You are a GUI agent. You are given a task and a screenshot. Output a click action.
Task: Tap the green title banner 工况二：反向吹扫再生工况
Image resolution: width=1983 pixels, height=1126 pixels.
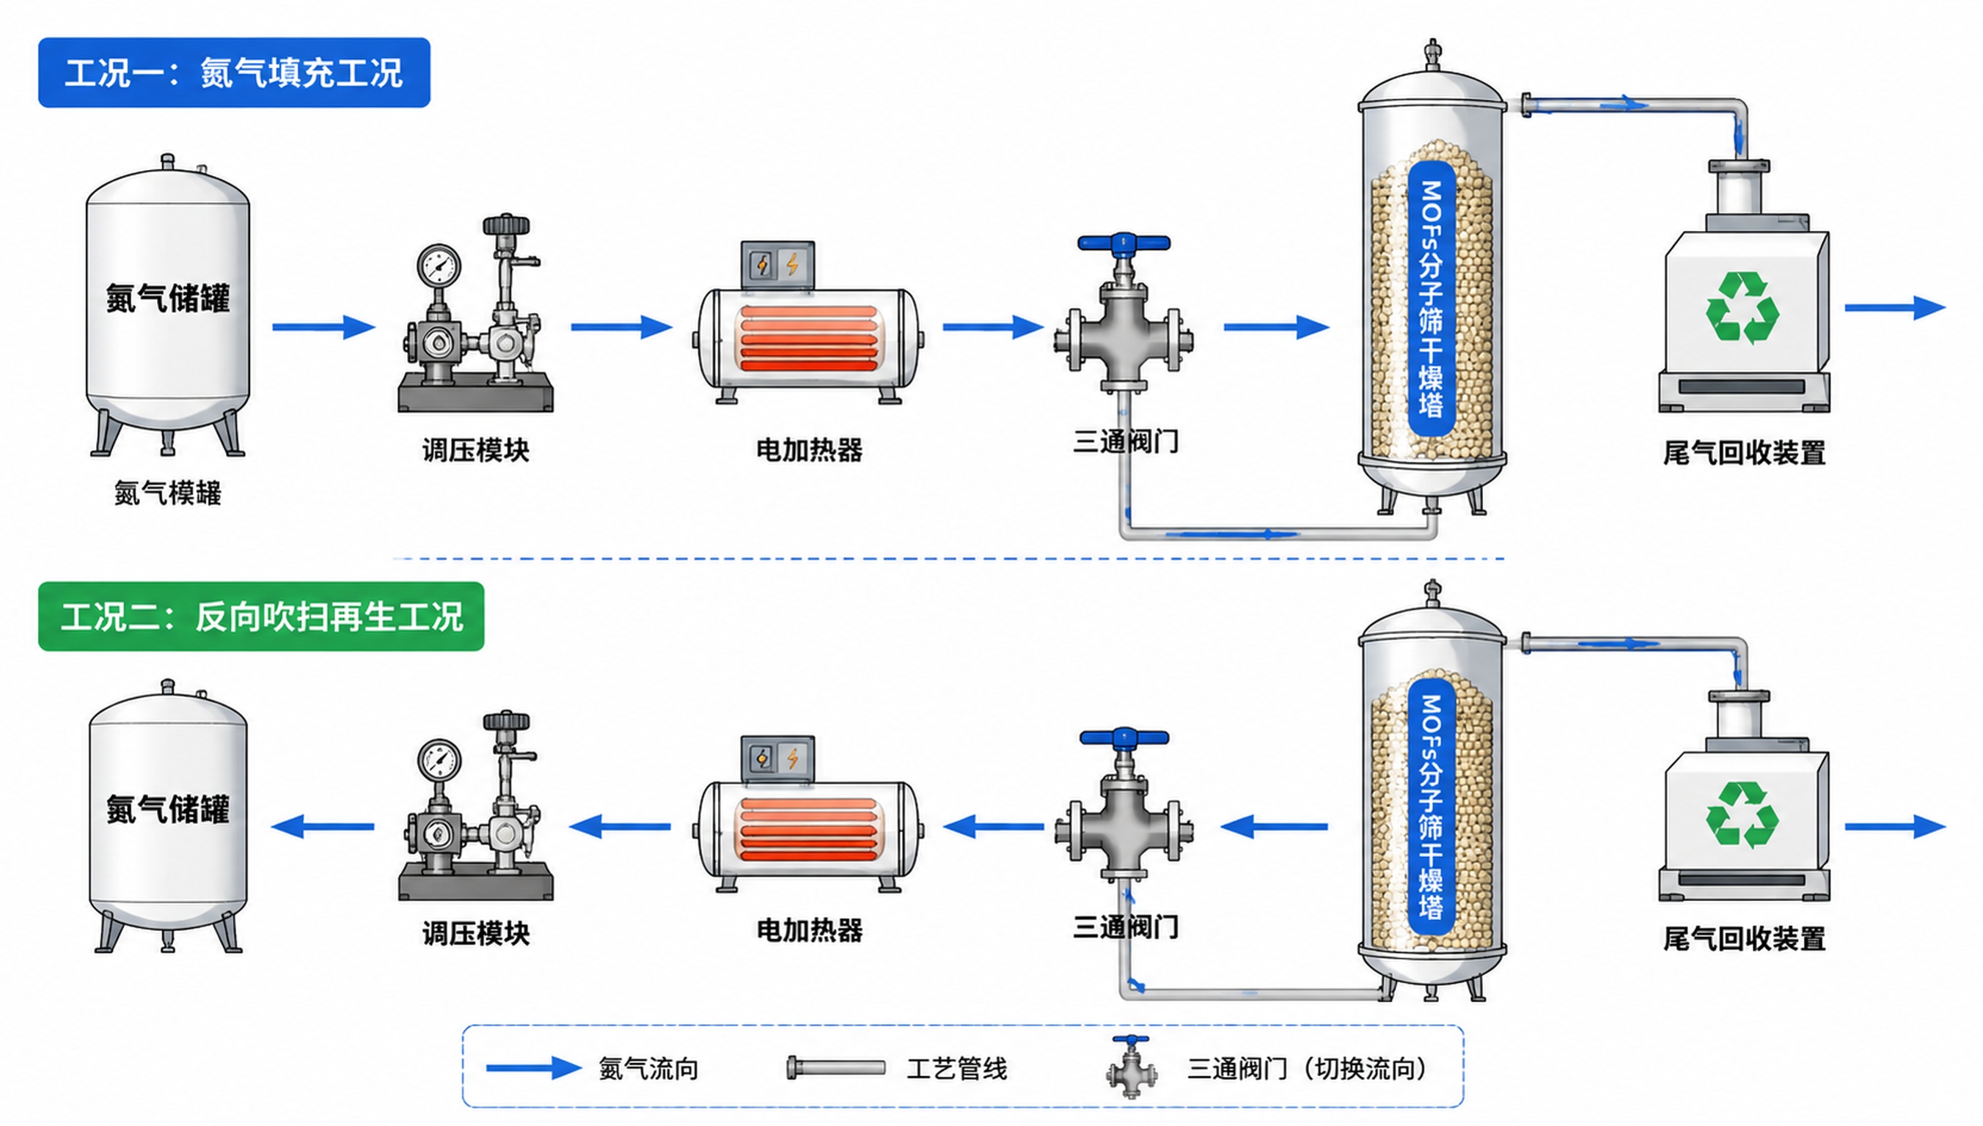(x=261, y=617)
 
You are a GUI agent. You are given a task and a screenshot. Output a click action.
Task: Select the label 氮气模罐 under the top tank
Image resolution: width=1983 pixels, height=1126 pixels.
(x=168, y=493)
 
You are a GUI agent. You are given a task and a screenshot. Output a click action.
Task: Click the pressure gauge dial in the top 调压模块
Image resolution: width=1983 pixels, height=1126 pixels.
(x=439, y=267)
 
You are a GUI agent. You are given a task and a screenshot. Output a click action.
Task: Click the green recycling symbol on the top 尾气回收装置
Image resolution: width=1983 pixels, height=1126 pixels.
(x=1742, y=307)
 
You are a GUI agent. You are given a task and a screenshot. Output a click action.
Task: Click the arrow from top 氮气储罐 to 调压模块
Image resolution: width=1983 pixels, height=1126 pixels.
(x=323, y=327)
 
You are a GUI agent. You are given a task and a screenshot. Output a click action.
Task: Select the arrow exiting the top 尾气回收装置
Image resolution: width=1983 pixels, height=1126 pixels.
(x=1895, y=307)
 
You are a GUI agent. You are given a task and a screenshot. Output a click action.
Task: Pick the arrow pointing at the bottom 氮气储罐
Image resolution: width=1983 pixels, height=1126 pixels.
(x=323, y=827)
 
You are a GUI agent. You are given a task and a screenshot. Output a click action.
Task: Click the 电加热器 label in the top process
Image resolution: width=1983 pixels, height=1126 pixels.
(x=809, y=450)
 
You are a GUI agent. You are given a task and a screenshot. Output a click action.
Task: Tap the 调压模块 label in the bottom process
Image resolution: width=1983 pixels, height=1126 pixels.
(x=476, y=933)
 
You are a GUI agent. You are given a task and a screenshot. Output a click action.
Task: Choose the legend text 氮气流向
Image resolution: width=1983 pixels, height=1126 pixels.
(x=648, y=1069)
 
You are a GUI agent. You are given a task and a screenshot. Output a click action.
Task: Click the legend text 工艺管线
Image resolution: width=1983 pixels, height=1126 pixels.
(x=957, y=1069)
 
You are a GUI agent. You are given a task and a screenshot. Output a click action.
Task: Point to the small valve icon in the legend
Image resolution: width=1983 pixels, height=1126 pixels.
(x=1132, y=1067)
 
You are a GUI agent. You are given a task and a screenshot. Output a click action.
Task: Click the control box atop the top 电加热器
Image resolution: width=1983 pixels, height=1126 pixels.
(x=777, y=265)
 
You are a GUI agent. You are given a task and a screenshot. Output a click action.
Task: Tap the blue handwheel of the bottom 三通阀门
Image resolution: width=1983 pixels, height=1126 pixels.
(x=1124, y=737)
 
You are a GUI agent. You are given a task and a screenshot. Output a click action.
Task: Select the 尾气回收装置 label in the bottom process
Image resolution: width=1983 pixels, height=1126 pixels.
(x=1744, y=939)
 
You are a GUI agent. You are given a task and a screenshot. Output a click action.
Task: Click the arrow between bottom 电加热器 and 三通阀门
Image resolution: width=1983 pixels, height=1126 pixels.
(x=993, y=827)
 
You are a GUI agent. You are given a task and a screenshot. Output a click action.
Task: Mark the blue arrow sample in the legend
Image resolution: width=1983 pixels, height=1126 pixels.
(x=534, y=1068)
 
